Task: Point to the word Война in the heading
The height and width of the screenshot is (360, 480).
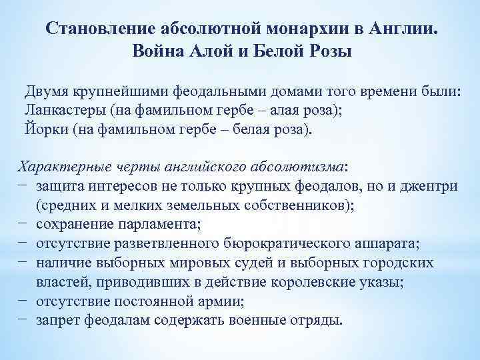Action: [163, 51]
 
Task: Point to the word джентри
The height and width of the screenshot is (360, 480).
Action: [428, 186]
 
